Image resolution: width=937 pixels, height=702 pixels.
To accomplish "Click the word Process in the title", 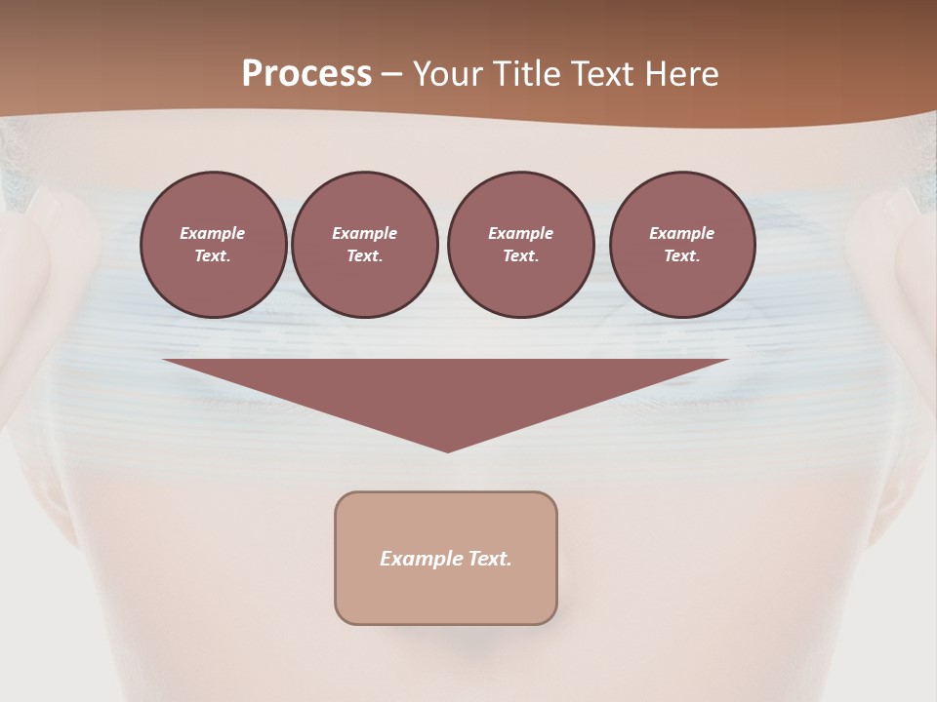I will click(306, 74).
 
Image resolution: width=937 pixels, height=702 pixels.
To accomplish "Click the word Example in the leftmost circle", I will click(213, 233).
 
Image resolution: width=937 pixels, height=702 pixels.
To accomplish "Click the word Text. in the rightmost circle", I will click(682, 255).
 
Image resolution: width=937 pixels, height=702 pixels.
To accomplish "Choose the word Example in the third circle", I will click(520, 233).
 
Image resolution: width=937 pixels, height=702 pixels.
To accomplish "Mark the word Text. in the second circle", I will click(364, 255).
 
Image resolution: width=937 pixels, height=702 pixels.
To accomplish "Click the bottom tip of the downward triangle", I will click(447, 449).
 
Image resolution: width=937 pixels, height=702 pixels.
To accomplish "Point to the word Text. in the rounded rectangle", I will click(490, 559).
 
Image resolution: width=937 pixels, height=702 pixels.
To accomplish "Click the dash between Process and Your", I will click(391, 74).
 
